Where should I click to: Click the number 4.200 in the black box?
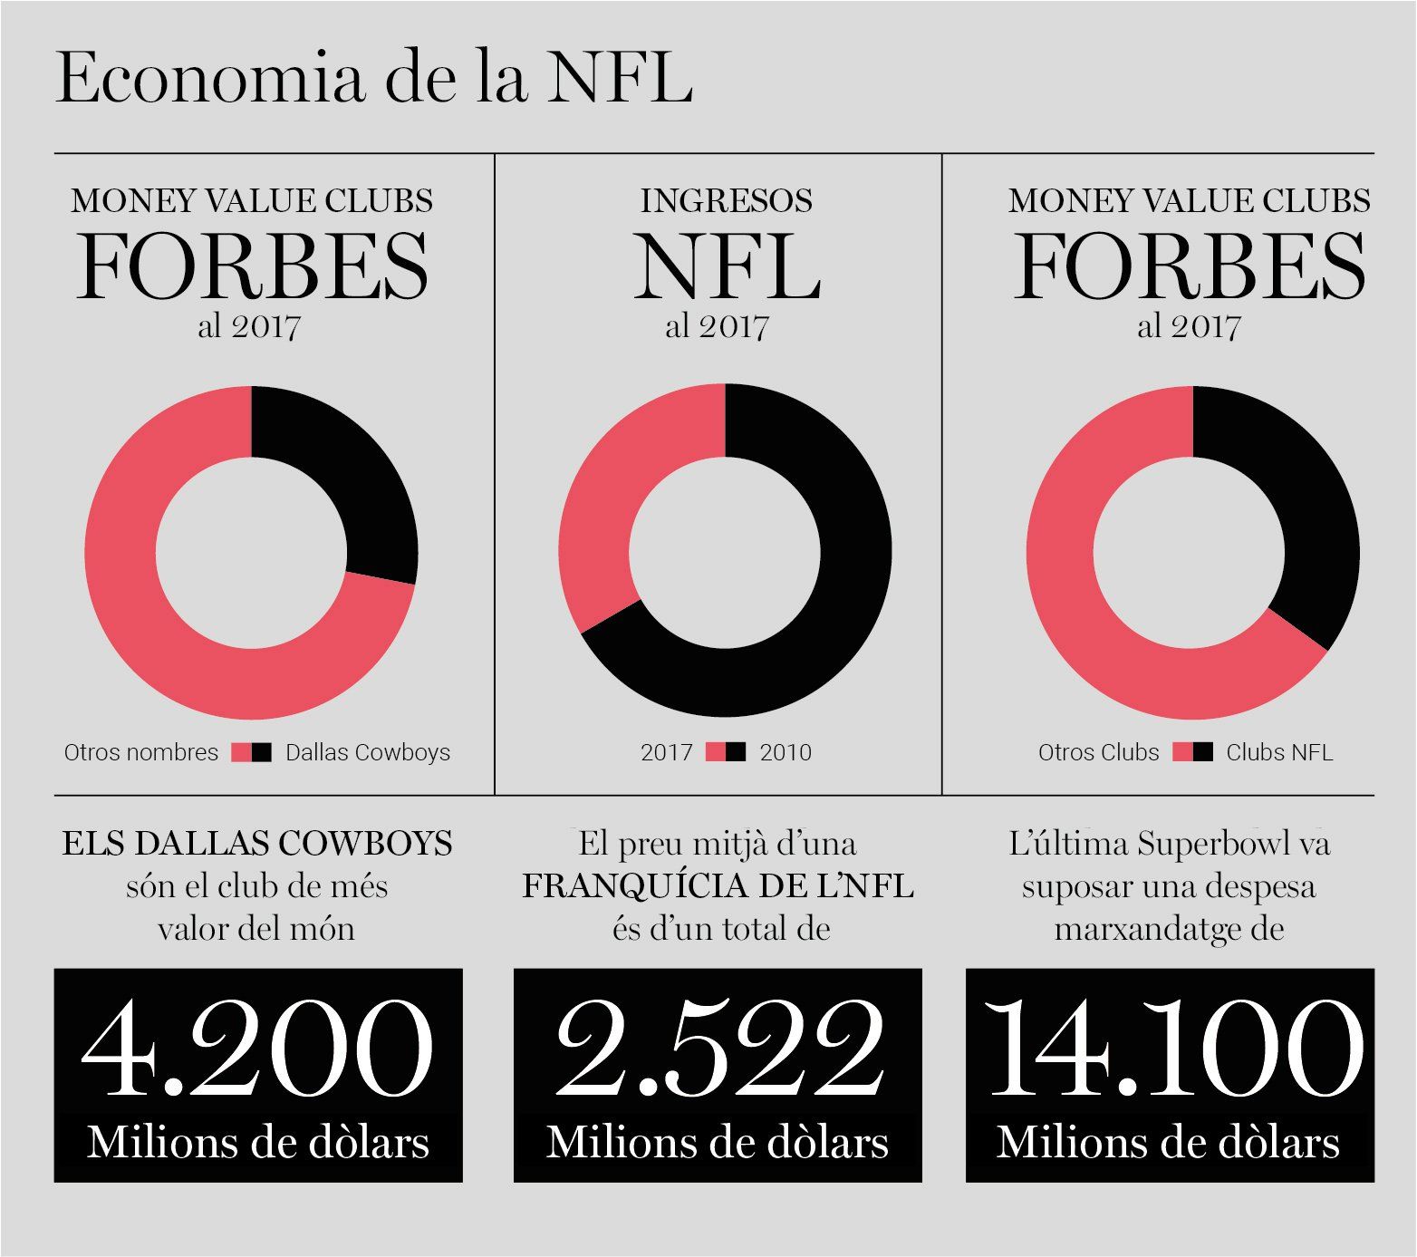pos(257,1049)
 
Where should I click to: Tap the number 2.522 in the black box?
pos(718,1049)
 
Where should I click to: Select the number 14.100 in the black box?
pos(1174,1049)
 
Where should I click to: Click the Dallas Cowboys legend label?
pos(368,752)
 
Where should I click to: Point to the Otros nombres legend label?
pos(141,752)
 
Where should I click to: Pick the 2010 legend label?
pos(786,752)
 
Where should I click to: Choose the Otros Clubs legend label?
pos(1099,752)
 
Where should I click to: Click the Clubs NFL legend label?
pos(1279,752)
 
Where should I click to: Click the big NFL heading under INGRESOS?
pos(727,266)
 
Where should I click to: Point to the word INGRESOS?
pos(727,200)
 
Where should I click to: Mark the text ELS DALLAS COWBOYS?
pos(257,844)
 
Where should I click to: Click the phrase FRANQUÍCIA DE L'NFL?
pos(718,885)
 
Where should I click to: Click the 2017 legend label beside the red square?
pos(667,752)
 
